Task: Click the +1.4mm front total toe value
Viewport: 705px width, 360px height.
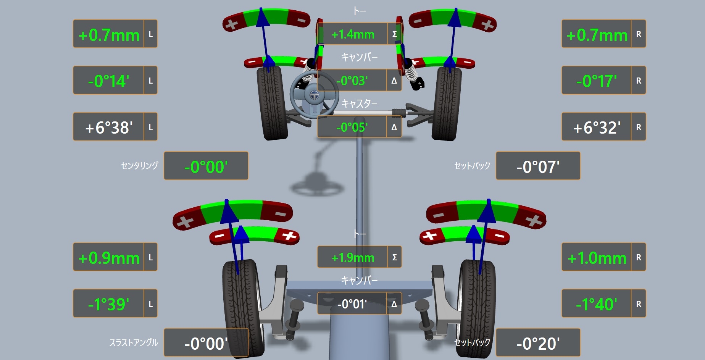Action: coord(353,35)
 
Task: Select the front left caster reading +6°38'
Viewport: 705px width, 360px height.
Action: coord(109,128)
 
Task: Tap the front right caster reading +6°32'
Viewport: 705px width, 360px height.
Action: coord(597,128)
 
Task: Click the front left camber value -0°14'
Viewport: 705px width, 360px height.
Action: coord(108,81)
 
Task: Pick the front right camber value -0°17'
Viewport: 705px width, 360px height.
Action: coord(596,81)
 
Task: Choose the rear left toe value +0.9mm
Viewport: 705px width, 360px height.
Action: coord(109,258)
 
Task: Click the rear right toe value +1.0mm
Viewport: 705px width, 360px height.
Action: coord(597,258)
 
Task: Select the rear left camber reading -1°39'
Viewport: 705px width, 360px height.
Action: coord(108,304)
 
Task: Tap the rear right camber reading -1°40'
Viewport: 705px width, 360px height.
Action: coord(596,304)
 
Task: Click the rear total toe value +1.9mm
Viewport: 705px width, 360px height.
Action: coord(353,258)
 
